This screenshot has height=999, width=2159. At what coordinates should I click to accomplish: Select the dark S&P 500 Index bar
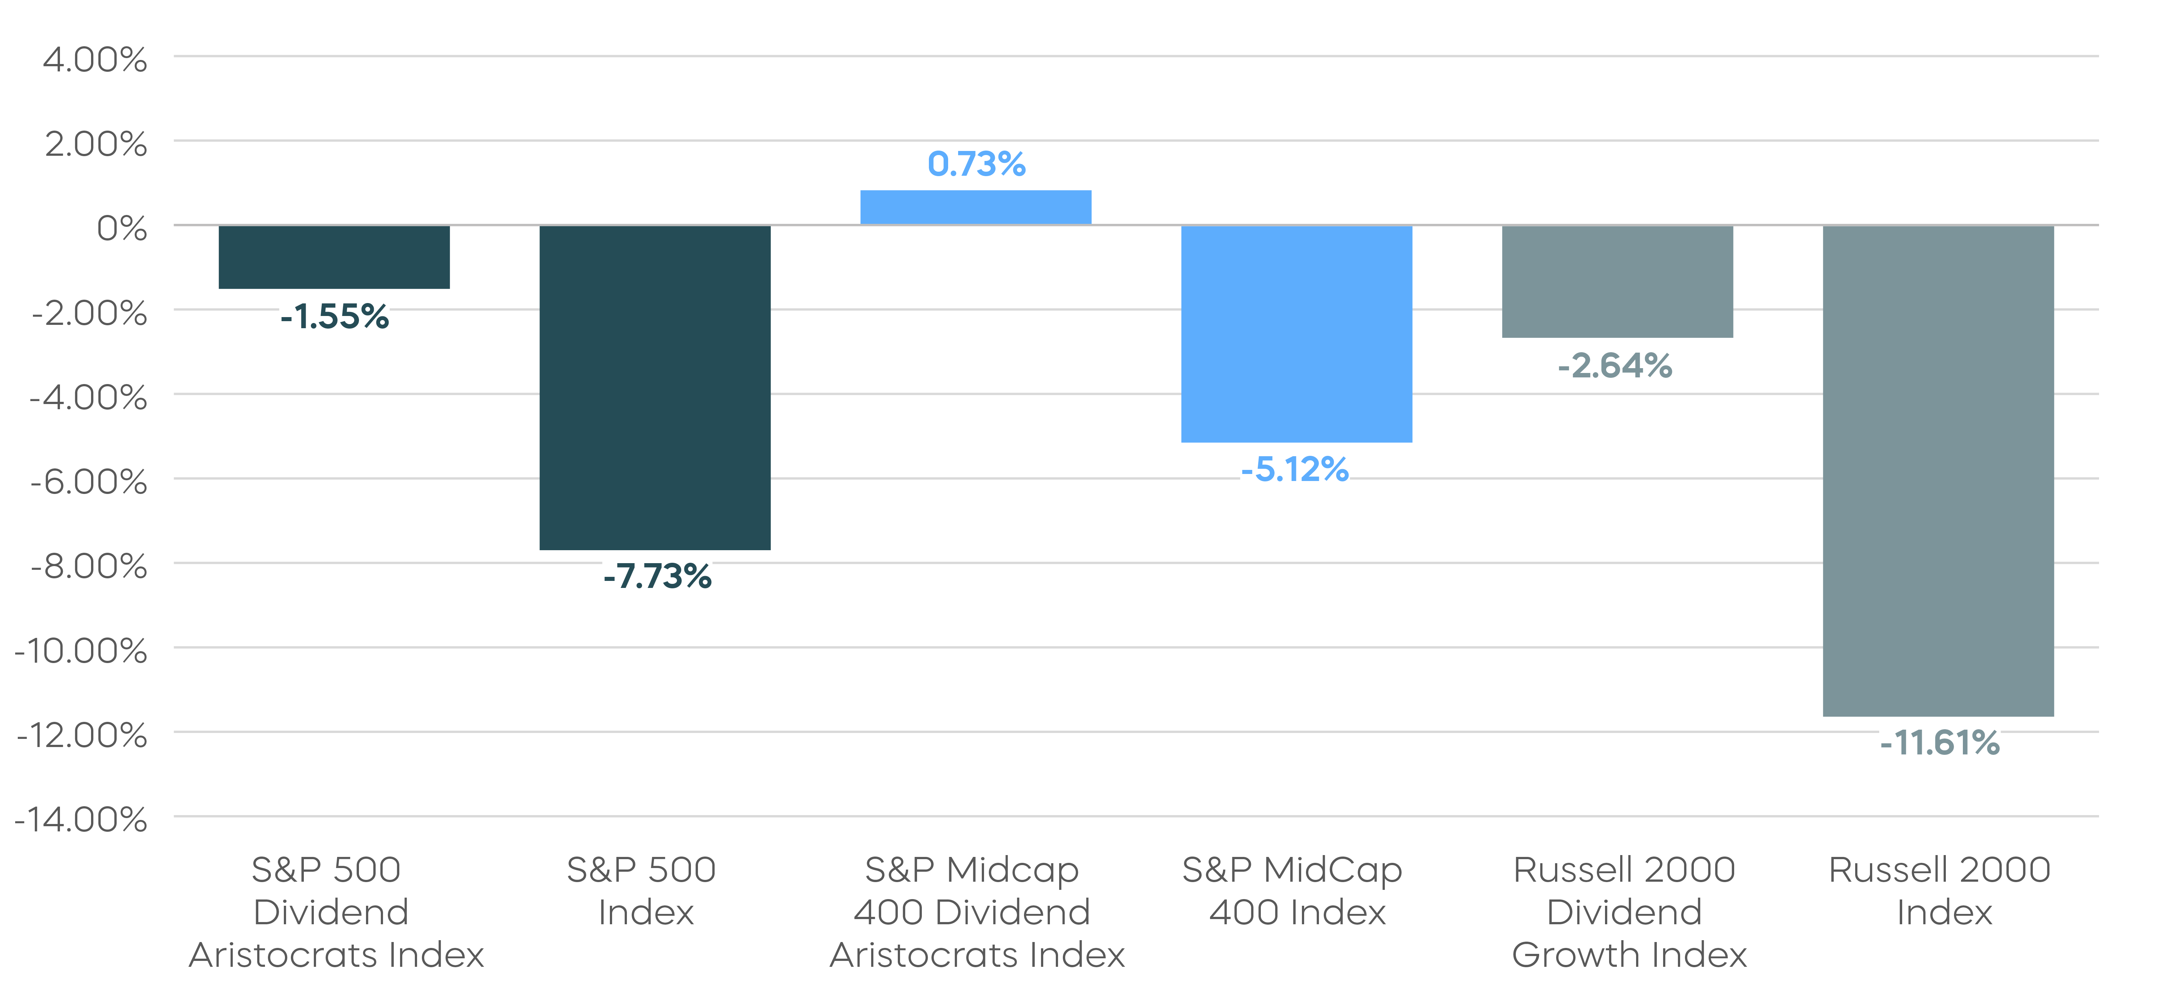(x=655, y=387)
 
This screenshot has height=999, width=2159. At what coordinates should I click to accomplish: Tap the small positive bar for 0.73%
(x=976, y=208)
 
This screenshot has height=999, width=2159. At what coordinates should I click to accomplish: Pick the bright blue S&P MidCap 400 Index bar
(x=1297, y=334)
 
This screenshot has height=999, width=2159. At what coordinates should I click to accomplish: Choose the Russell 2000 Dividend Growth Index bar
(x=1617, y=282)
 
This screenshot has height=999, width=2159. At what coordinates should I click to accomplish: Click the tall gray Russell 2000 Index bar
(x=1938, y=470)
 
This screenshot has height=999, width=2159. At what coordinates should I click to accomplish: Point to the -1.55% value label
(x=335, y=317)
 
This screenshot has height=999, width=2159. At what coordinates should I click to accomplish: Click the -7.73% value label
(x=657, y=576)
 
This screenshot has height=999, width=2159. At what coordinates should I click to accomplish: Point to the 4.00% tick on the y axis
(x=95, y=60)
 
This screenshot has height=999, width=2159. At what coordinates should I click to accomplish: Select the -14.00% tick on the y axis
(x=81, y=820)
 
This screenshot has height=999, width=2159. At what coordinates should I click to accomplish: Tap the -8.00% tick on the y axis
(x=89, y=566)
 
